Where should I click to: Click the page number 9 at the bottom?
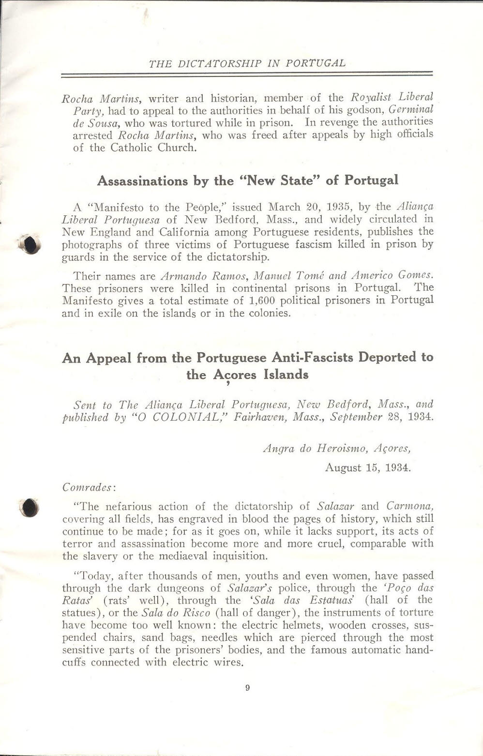click(247, 688)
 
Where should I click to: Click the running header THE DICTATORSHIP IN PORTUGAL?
click(247, 63)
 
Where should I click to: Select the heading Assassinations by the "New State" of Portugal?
click(247, 181)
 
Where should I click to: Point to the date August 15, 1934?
click(368, 468)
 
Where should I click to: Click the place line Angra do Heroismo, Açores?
click(337, 448)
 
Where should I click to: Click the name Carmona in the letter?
click(409, 507)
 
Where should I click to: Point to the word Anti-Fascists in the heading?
click(307, 358)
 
